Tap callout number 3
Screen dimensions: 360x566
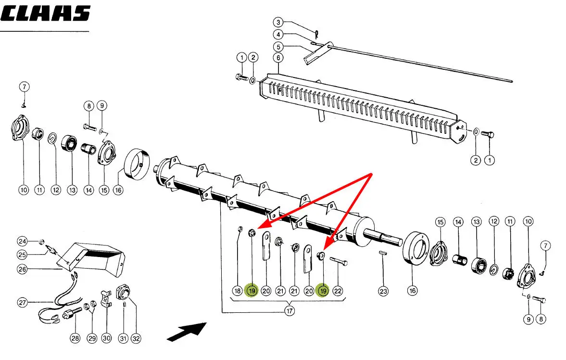pos(278,22)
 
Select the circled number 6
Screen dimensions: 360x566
pos(278,58)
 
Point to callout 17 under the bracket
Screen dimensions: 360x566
pos(289,311)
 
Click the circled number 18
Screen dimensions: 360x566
pos(237,291)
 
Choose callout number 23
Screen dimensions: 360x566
pos(383,291)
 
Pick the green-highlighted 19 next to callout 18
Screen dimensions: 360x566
pos(252,291)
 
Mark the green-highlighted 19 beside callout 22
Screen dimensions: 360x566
pos(323,291)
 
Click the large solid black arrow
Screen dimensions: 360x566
pos(187,331)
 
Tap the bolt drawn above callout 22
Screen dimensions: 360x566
pos(340,262)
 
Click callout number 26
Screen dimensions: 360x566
pos(23,270)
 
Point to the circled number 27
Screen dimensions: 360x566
pos(23,303)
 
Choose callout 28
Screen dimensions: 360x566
pos(75,338)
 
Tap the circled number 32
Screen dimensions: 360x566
pos(136,338)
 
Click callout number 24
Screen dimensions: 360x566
pos(23,241)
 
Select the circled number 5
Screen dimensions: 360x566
pos(278,47)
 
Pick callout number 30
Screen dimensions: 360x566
pos(107,338)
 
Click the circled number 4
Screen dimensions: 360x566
pos(278,35)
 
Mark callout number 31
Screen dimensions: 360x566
pos(124,338)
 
